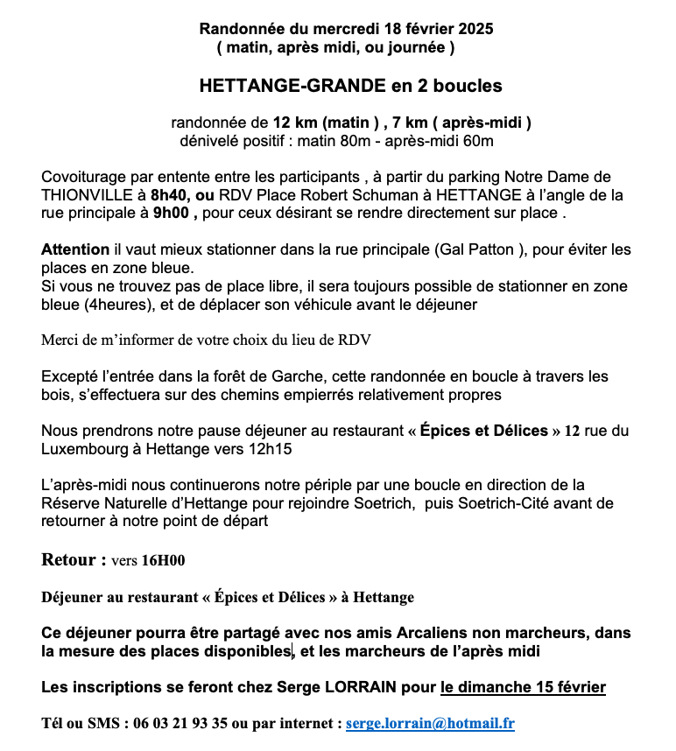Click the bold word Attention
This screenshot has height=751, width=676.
75,249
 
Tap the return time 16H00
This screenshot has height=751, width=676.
164,560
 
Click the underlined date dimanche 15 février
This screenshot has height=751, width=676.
523,687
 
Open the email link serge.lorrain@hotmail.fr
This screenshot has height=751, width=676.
430,724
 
